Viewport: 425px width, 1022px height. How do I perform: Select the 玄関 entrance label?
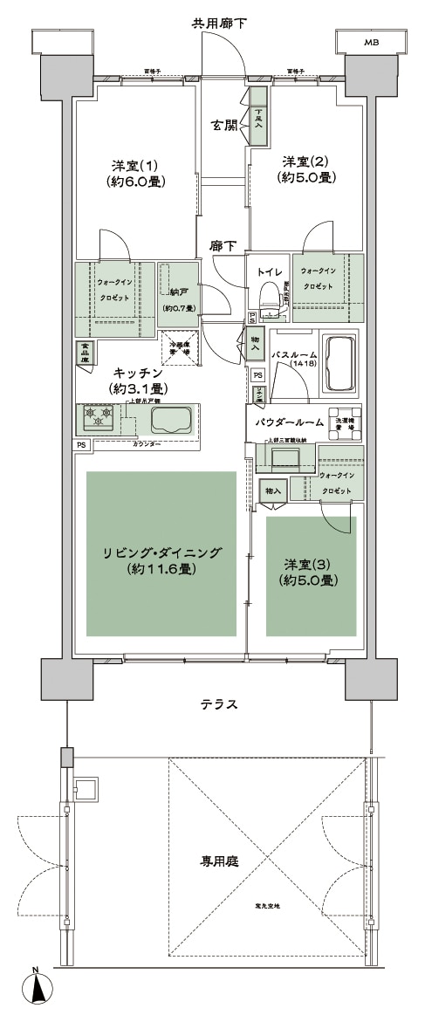coord(224,126)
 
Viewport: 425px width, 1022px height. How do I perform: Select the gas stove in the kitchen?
coord(99,420)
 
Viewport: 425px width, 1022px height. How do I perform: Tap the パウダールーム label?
coord(289,422)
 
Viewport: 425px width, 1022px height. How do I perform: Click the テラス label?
coord(221,704)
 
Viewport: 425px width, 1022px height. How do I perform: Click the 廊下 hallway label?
coord(223,246)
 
